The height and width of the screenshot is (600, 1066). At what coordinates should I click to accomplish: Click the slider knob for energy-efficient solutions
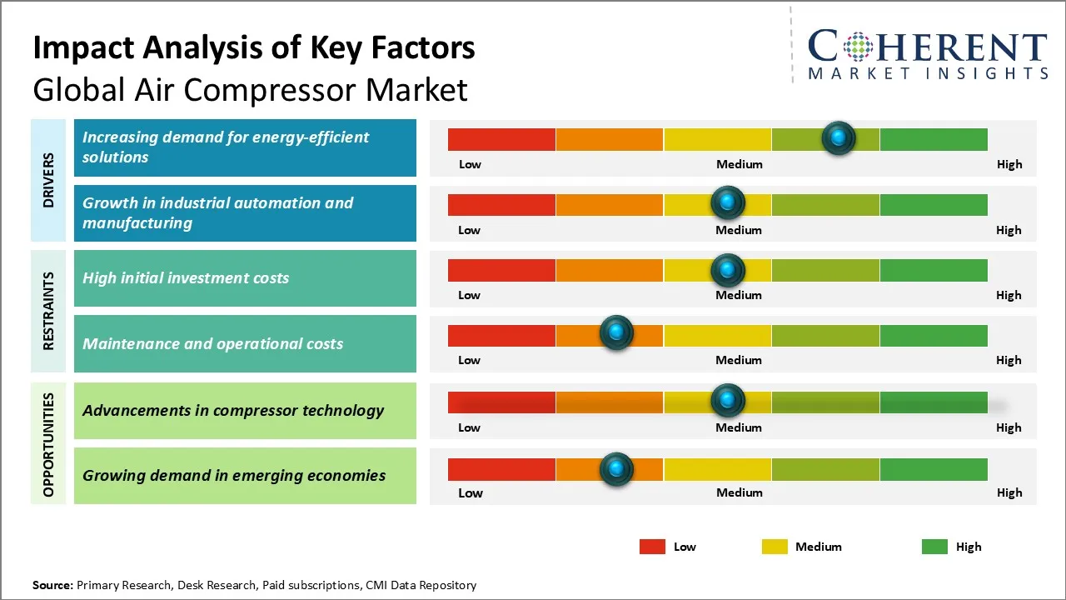839,137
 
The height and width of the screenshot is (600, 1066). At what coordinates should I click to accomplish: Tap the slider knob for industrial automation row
728,202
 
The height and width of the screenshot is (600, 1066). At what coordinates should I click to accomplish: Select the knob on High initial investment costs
728,269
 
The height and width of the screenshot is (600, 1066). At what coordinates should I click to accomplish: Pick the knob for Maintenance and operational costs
616,333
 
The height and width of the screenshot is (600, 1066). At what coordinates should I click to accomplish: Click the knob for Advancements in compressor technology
728,401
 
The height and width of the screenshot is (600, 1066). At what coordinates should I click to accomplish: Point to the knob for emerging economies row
616,469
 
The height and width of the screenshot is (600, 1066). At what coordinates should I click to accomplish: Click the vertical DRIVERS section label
48,180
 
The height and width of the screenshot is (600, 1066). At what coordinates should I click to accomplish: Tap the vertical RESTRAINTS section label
48,311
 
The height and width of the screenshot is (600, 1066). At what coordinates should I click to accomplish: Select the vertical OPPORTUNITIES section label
48,445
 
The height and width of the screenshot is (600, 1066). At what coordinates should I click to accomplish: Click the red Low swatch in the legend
652,547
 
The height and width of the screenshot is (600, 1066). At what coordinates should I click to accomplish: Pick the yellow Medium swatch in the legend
775,547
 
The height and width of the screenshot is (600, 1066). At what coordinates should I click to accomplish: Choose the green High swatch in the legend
934,547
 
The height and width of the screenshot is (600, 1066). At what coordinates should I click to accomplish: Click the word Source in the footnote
52,585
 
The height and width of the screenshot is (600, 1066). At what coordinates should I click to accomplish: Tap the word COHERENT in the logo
927,47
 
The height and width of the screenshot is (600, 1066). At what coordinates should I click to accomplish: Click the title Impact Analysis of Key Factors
254,48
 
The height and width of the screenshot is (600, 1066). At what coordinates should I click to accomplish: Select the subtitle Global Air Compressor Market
250,89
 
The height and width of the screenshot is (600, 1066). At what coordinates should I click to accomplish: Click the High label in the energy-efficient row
1009,164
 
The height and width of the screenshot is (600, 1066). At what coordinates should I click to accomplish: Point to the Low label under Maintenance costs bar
469,360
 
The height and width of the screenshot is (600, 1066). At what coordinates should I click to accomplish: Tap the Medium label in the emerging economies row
739,492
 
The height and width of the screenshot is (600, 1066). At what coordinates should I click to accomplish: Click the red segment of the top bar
501,139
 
